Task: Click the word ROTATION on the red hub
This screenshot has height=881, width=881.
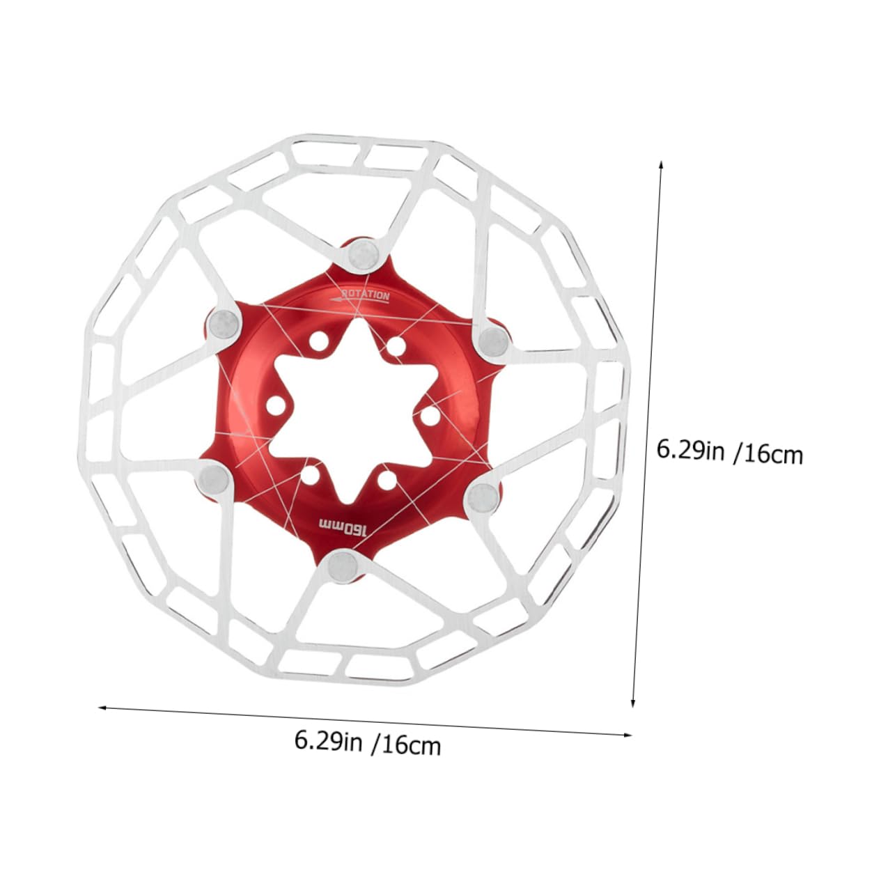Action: (x=367, y=295)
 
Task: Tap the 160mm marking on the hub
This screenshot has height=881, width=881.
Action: (x=342, y=526)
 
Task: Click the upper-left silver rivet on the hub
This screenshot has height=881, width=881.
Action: (x=224, y=321)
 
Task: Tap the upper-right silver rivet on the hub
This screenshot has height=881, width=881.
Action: (x=492, y=341)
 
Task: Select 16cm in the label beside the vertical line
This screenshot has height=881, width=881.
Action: (x=772, y=455)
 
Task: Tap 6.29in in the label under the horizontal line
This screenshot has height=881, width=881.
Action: (x=328, y=740)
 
